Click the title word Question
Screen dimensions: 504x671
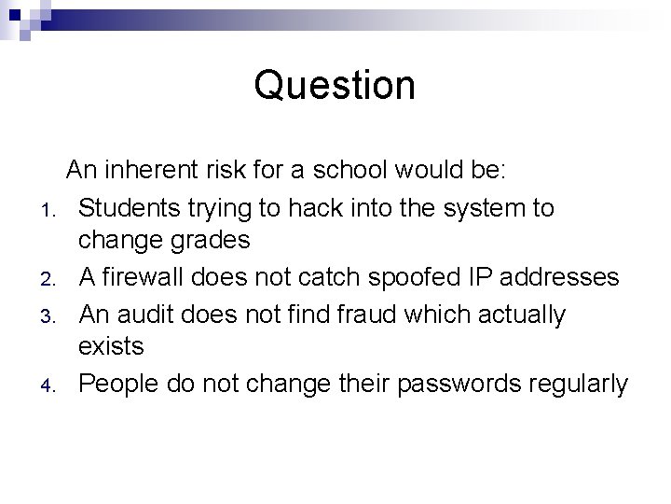[x=335, y=86]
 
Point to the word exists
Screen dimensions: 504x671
[x=111, y=346]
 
